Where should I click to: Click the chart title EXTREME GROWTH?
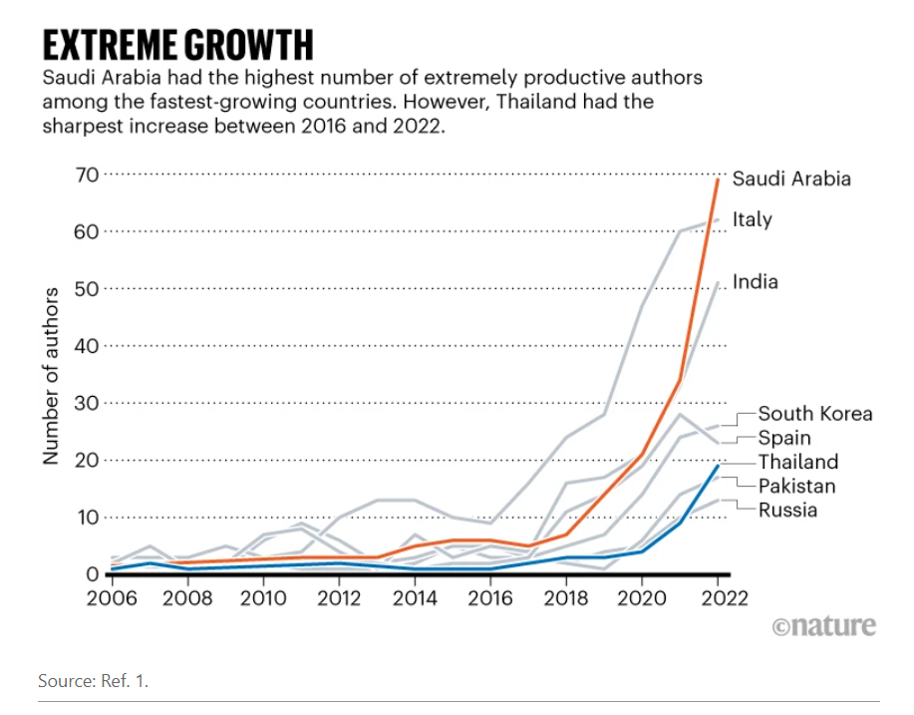(177, 46)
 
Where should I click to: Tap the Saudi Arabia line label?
(791, 179)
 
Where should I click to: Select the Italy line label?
(752, 219)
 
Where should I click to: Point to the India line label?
(755, 281)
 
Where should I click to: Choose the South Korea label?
(815, 414)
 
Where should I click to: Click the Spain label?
(784, 438)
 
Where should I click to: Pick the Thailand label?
(798, 462)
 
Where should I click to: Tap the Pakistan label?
(796, 486)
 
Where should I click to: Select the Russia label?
(787, 510)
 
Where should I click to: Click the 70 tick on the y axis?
(87, 175)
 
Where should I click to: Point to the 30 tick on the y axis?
(87, 403)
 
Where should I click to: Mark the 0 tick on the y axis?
(92, 574)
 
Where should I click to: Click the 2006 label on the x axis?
(112, 598)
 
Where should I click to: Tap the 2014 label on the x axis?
(415, 598)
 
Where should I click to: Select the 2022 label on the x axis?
(724, 598)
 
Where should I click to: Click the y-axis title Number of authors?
(51, 376)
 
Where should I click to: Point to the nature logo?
(823, 626)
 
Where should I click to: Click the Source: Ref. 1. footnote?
(94, 680)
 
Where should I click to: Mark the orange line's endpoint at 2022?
(718, 179)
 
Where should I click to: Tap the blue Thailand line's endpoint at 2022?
(718, 466)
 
